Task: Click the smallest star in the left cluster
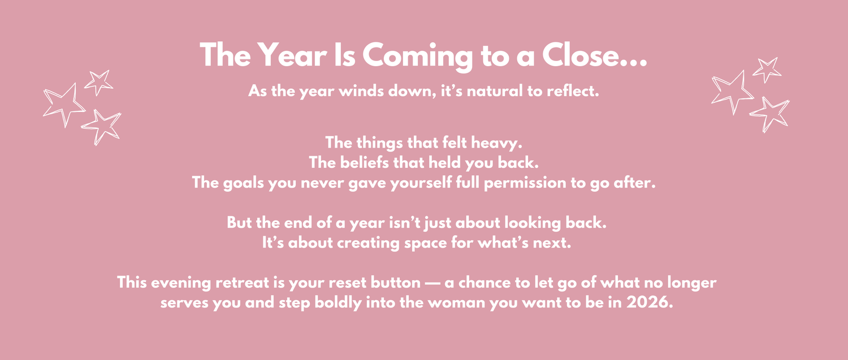click(x=99, y=83)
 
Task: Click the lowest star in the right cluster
click(x=769, y=114)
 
